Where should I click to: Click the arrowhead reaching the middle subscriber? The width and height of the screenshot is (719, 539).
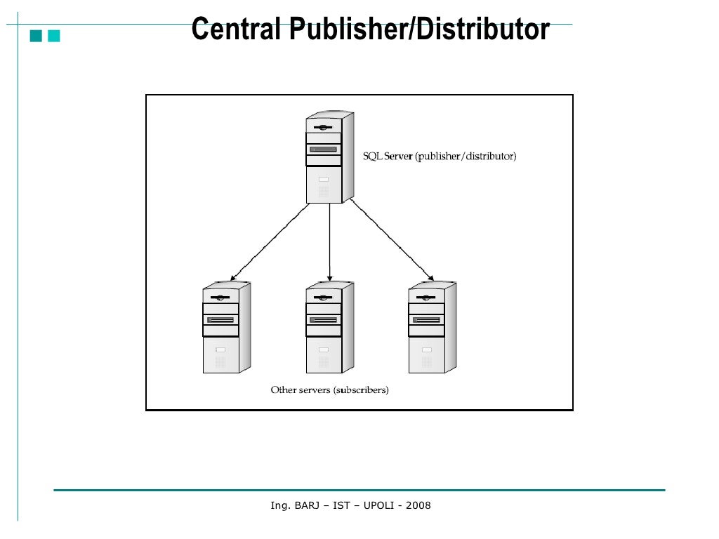point(329,279)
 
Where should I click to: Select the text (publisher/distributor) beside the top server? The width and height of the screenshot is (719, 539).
point(466,157)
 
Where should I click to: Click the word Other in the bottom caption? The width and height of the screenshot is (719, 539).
point(283,390)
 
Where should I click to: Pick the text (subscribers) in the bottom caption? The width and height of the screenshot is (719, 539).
point(361,390)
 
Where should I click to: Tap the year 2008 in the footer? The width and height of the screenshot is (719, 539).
point(419,505)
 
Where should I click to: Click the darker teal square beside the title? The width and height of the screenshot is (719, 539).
point(35,36)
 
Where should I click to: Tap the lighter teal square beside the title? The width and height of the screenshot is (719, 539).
point(53,36)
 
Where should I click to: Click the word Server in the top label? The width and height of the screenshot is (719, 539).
point(398,157)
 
